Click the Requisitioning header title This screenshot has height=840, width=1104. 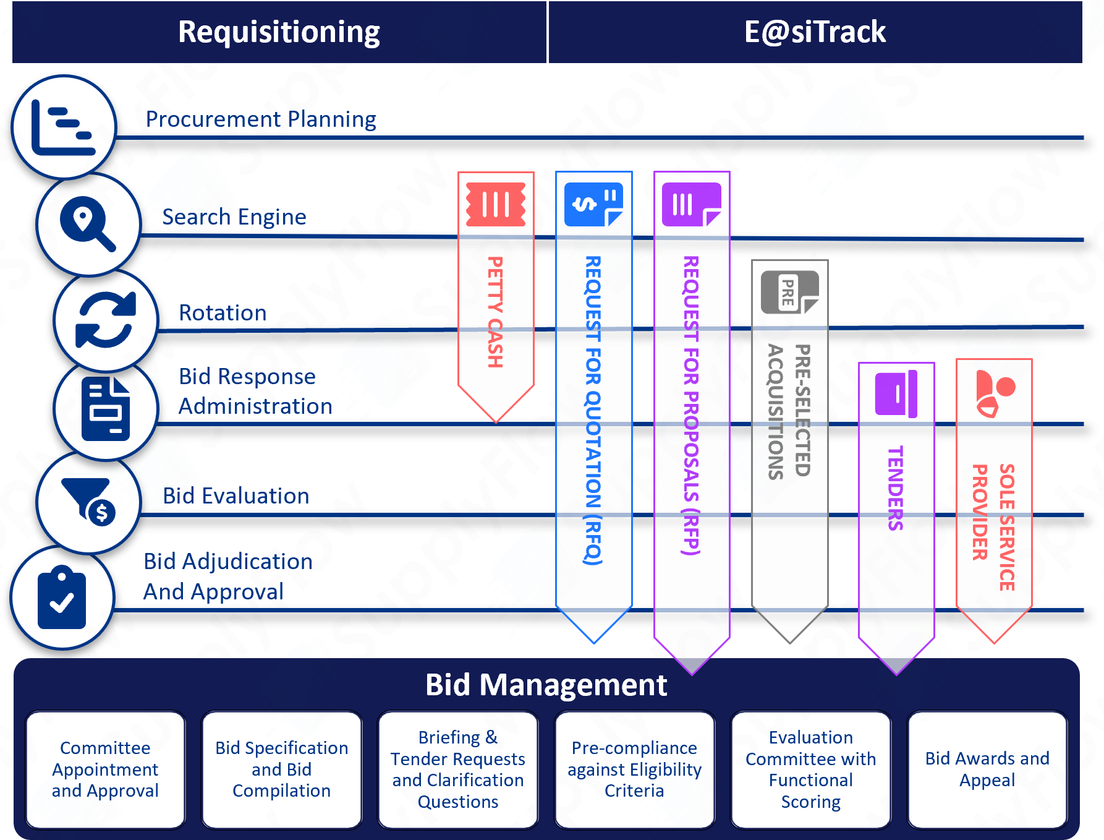point(279,32)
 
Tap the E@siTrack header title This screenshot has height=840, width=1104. point(815,32)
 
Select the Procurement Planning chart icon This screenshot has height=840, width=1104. point(64,127)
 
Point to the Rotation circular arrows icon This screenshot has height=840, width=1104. point(106,320)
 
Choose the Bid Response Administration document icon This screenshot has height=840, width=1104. point(106,409)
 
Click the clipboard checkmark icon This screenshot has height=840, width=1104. point(62,597)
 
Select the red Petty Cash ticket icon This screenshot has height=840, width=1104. point(496,204)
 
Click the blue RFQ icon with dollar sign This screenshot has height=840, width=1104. point(593,204)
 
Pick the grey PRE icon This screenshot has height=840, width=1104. point(789,293)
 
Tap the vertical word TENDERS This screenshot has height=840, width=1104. point(896,488)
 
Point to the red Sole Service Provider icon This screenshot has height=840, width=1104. point(995,393)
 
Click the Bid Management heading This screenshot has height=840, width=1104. point(546,685)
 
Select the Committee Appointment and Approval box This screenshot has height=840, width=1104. point(106,769)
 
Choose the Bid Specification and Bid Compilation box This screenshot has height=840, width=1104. point(282,769)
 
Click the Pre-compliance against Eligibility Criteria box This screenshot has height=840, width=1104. point(635,769)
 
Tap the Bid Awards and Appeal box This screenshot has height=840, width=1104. point(987,769)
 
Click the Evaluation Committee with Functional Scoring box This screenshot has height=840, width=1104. point(811,769)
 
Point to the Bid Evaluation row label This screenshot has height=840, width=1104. point(236,496)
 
